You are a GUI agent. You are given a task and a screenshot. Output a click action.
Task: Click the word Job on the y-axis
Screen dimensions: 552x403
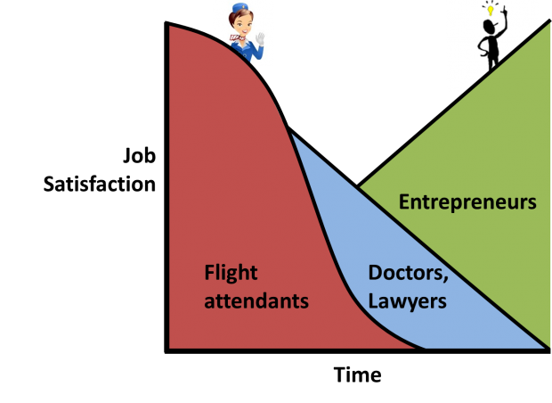(140, 155)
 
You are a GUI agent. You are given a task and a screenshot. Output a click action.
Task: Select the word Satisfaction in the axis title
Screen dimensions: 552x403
(100, 184)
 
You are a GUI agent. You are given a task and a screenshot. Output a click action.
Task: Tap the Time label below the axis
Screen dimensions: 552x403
(357, 374)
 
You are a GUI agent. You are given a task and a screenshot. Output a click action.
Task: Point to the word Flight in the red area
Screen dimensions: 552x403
(231, 273)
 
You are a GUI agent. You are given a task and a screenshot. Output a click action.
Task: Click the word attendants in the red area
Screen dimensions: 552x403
(256, 301)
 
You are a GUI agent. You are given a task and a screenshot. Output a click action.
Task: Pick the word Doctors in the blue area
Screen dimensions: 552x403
(408, 273)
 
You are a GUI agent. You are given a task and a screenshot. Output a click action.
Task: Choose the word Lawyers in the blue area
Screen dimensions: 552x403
(407, 301)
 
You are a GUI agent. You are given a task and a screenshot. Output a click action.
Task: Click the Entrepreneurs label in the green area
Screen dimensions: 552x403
(467, 202)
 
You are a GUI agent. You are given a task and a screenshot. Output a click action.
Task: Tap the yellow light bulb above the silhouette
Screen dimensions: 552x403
(490, 10)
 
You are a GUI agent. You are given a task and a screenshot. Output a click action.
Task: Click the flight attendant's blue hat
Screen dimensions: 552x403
(240, 8)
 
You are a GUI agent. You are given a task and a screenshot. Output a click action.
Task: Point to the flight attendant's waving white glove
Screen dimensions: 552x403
(260, 38)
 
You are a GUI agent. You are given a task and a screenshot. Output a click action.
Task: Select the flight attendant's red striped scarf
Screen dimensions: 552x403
(238, 37)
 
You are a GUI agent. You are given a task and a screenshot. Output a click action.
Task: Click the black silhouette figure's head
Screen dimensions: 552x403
(490, 27)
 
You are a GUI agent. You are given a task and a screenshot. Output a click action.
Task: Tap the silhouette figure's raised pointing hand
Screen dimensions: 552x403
(505, 12)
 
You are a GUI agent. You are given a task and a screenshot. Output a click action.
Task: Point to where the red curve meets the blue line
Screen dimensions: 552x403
(288, 127)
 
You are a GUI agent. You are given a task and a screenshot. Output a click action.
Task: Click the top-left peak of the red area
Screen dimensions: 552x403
(166, 23)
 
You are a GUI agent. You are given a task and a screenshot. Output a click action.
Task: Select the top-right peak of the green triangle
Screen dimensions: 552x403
(549, 21)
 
